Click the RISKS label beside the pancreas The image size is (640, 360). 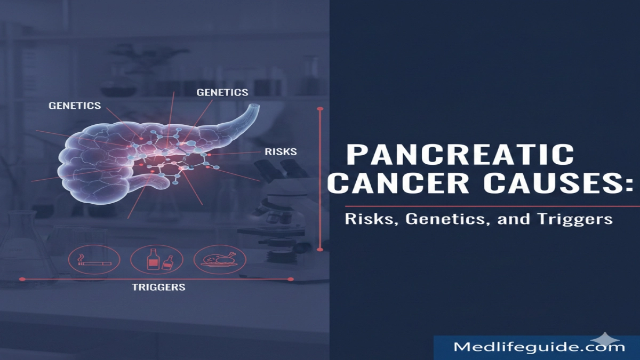pos(281,152)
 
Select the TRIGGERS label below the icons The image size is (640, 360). pos(158,287)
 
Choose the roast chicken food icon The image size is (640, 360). pos(217,260)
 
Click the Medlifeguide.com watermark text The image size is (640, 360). pos(539,347)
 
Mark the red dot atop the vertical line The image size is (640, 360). pos(320,109)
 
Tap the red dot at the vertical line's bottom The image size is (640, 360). pos(320,248)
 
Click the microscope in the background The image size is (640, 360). pos(277,203)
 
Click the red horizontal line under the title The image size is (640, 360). pos(491,206)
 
